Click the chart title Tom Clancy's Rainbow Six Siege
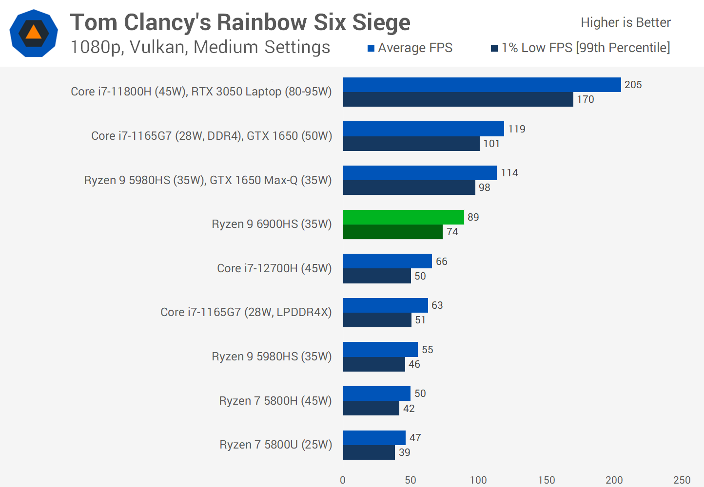point(240,22)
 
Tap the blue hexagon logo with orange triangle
point(34,33)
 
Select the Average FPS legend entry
point(410,48)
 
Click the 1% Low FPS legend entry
point(580,48)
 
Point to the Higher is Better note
point(626,22)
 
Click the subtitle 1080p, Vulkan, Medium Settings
point(200,47)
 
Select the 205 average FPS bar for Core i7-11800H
point(482,85)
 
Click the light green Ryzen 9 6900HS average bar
point(403,217)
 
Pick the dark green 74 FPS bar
point(392,232)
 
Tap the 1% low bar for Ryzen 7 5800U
point(369,452)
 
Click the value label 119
point(517,129)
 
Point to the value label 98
point(484,187)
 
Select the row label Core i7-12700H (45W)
point(274,268)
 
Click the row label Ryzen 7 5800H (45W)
point(275,401)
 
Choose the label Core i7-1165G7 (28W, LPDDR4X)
point(246,312)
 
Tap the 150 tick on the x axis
point(546,480)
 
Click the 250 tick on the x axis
point(682,480)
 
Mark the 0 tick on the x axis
point(343,480)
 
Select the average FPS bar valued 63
point(385,305)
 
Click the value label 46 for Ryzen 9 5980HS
point(414,364)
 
